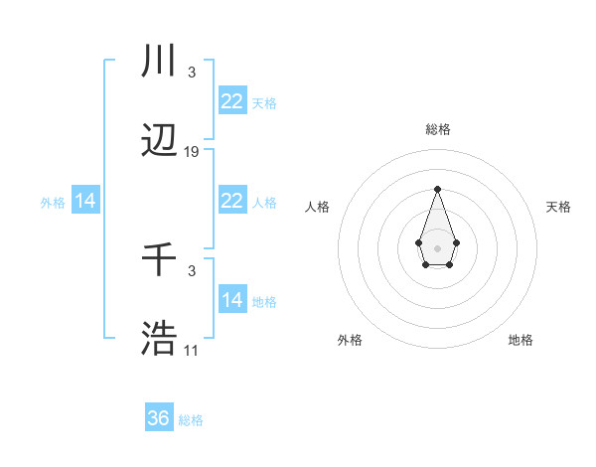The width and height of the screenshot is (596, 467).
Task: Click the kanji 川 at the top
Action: (x=160, y=62)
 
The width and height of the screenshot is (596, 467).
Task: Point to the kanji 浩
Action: (x=160, y=339)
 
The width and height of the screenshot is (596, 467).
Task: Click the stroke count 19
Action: (x=192, y=152)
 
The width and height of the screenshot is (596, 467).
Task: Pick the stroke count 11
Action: (x=192, y=350)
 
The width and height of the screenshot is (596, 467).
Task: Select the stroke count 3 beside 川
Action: (x=191, y=73)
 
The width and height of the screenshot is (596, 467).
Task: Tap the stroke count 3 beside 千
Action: (x=191, y=271)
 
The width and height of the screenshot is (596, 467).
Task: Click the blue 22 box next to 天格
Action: (x=231, y=101)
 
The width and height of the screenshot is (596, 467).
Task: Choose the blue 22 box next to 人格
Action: (x=231, y=201)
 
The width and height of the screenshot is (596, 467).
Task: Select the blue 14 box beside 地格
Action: (x=231, y=300)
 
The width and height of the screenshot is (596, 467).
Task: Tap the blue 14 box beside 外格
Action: (x=85, y=201)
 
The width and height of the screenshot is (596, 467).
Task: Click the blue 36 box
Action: (x=158, y=418)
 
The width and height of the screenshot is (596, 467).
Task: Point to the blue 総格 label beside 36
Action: (x=191, y=420)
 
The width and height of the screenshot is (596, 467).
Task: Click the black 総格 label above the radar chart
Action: (x=438, y=129)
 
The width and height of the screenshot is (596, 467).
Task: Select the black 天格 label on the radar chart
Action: (x=558, y=207)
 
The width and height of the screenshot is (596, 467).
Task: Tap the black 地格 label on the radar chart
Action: (x=521, y=341)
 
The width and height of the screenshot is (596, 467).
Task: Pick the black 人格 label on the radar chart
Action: (x=318, y=207)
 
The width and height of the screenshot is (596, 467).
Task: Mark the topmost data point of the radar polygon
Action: (x=437, y=189)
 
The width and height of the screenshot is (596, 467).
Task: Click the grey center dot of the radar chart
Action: (x=437, y=247)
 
